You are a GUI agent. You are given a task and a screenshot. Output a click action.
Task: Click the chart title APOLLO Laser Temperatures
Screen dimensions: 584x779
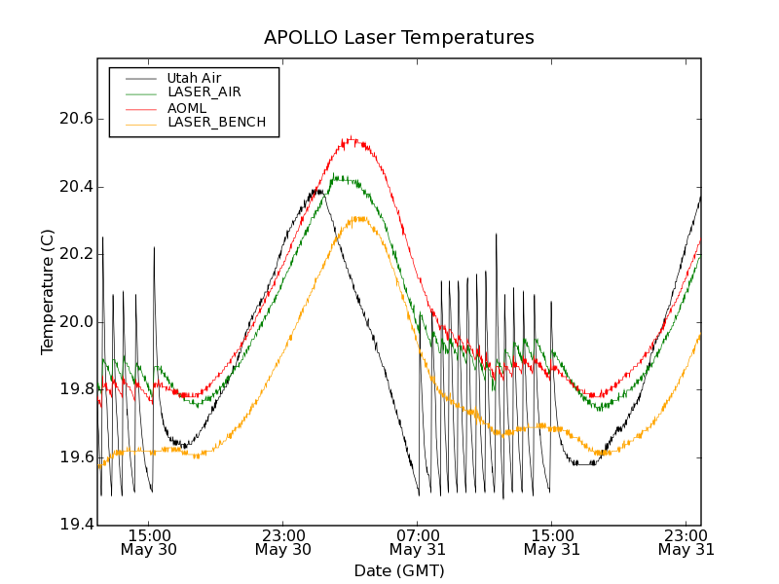(x=398, y=38)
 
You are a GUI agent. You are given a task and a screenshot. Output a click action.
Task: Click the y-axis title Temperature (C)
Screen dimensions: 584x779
(x=48, y=292)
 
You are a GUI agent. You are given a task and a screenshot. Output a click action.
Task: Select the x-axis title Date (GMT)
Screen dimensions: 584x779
(x=398, y=570)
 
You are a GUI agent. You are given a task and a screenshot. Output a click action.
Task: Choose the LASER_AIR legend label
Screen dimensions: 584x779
(x=204, y=92)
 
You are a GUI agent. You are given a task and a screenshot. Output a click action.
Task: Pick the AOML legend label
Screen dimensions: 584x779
(x=187, y=107)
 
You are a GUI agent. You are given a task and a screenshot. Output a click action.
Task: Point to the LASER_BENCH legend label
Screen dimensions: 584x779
(x=216, y=122)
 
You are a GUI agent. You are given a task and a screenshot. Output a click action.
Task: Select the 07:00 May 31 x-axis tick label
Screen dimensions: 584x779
(x=418, y=542)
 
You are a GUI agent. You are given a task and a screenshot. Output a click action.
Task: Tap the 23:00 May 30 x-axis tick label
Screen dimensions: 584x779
(x=283, y=542)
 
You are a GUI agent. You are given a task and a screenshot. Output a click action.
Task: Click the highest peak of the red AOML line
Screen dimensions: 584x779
(x=351, y=137)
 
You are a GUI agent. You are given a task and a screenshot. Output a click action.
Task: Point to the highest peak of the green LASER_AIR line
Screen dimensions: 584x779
(x=334, y=175)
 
